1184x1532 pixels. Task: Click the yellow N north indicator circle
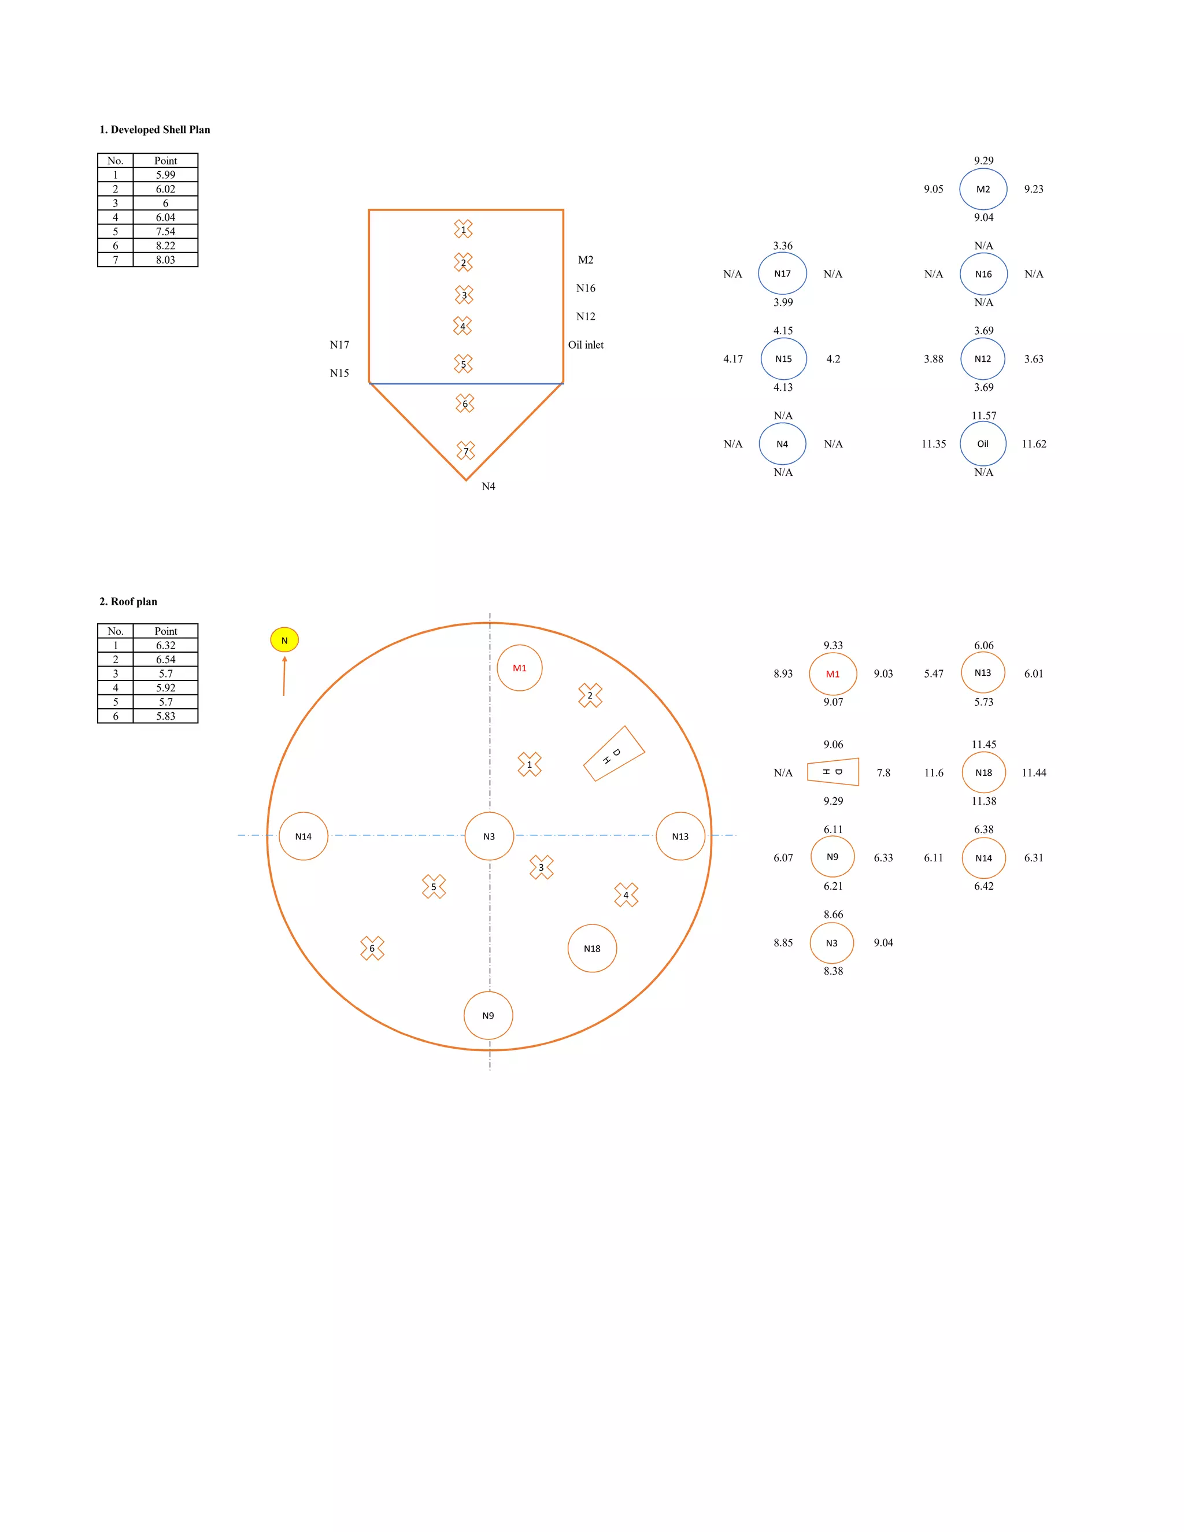click(284, 640)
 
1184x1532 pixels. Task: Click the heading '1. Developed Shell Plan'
click(154, 129)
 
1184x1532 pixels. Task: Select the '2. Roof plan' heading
click(128, 602)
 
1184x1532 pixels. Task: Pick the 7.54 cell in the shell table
click(165, 231)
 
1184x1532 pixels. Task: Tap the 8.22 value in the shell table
click(165, 246)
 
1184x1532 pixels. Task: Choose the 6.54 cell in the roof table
click(165, 660)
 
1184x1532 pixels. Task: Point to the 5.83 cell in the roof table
click(165, 716)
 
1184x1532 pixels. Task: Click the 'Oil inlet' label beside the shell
click(586, 345)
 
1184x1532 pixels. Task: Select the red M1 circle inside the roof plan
click(519, 668)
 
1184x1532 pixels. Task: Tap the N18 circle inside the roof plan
click(592, 948)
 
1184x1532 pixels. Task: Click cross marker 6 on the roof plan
click(372, 948)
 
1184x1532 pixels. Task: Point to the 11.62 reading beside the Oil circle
click(1034, 444)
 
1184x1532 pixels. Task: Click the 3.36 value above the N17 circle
click(783, 246)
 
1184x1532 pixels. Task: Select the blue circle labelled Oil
click(983, 444)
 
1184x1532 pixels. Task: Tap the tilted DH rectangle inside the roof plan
click(614, 754)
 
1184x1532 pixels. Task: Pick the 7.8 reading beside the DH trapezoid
click(883, 773)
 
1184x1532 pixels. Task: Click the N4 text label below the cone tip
click(488, 487)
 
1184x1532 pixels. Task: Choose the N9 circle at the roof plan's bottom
click(488, 1016)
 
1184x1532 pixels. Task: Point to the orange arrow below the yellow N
click(284, 677)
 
